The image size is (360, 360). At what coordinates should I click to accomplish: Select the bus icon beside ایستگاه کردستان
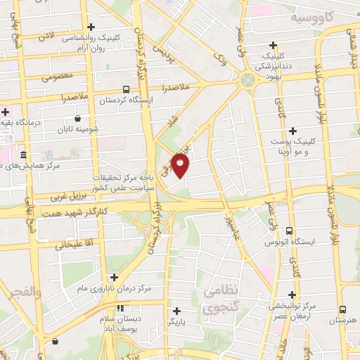pyautogui.click(x=126, y=89)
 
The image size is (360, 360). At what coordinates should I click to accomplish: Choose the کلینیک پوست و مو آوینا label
pyautogui.click(x=290, y=146)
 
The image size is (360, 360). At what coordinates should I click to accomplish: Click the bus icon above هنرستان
pyautogui.click(x=342, y=309)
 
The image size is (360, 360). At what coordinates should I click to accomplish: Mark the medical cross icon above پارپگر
pyautogui.click(x=176, y=310)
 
